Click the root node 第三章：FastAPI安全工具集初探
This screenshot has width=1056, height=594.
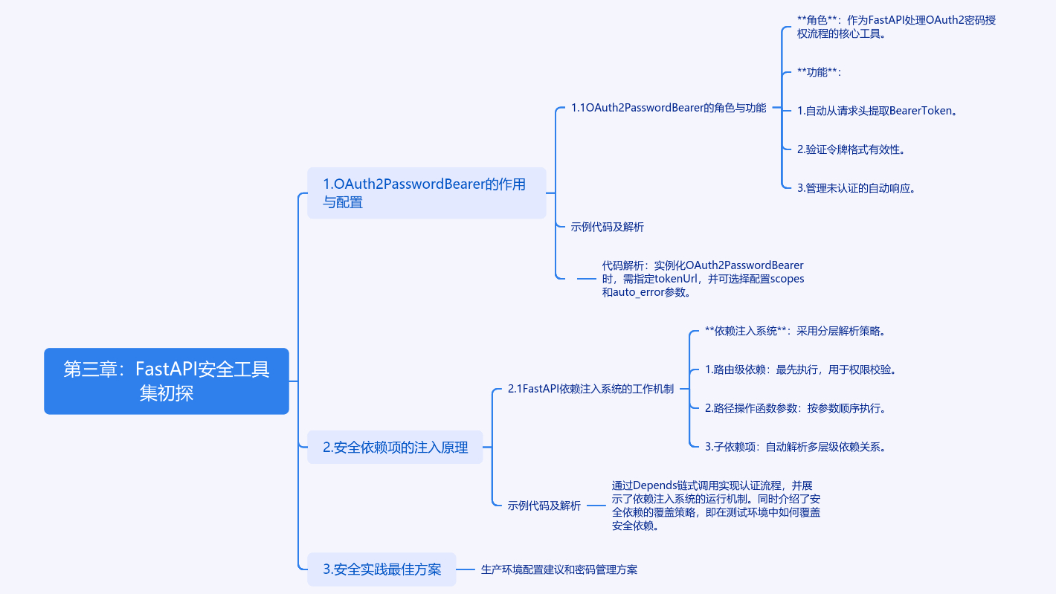point(166,381)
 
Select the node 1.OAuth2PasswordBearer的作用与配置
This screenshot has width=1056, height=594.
point(426,193)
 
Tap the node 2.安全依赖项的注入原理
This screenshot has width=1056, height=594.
point(395,447)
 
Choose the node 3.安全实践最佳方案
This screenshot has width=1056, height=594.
point(381,569)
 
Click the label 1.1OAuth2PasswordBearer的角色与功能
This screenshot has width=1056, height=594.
point(669,108)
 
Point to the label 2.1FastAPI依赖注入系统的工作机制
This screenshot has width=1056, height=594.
point(590,388)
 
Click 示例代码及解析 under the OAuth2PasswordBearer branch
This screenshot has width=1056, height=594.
point(607,227)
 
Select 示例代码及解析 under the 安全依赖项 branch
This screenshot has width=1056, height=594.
point(544,506)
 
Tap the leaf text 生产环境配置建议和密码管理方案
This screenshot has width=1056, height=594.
point(558,569)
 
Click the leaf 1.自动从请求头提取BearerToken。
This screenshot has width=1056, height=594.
point(877,111)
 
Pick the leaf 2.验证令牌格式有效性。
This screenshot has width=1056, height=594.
point(851,149)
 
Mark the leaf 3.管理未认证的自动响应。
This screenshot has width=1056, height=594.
point(855,188)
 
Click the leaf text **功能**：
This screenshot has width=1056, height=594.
point(818,72)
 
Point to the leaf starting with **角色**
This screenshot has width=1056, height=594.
point(896,27)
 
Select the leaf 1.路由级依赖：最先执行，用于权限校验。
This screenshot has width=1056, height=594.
point(800,369)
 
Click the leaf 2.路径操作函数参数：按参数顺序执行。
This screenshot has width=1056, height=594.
point(795,408)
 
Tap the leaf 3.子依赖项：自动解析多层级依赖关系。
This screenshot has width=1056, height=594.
point(795,447)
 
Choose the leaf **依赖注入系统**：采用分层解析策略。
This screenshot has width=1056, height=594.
point(795,331)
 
